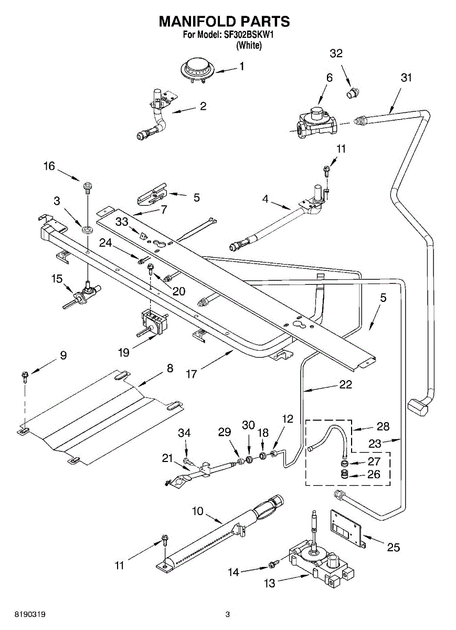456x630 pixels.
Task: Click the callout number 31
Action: point(406,77)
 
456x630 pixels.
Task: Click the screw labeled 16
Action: point(87,187)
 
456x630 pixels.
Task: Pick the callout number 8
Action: point(170,368)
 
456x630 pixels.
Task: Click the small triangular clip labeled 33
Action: point(143,235)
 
